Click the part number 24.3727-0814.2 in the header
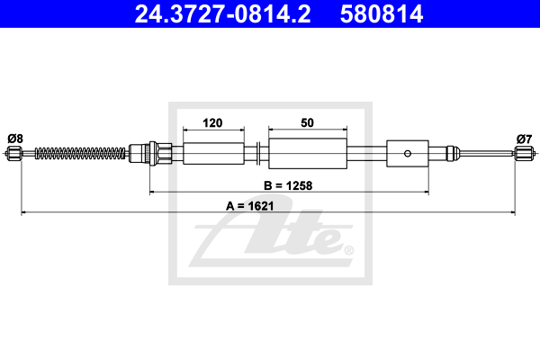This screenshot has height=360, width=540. (222, 14)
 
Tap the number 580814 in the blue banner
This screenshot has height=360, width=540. (382, 14)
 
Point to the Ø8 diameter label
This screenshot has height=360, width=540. (15, 139)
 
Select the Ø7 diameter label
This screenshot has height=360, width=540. (524, 139)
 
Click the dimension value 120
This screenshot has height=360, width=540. (212, 123)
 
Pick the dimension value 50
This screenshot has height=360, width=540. (307, 123)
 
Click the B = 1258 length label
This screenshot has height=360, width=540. (288, 185)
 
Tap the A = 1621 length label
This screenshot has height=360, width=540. (249, 206)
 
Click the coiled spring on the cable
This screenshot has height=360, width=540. (80, 153)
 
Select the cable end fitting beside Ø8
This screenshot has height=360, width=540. (14, 153)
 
